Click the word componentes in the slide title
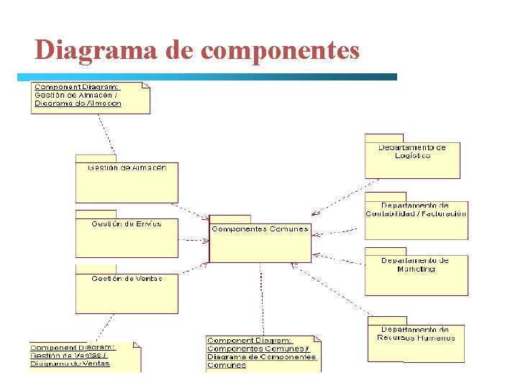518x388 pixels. pos(280,50)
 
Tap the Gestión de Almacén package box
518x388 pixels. pos(127,183)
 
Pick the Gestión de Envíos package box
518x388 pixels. pos(127,238)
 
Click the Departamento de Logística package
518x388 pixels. pos(412,160)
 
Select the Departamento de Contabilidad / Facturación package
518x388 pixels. pos(416,219)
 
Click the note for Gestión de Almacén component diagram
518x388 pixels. pos(90,98)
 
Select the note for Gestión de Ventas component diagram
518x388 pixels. pos(84,356)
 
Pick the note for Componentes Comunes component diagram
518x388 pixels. pos(263,353)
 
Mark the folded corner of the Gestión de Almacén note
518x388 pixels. pos(146,86)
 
